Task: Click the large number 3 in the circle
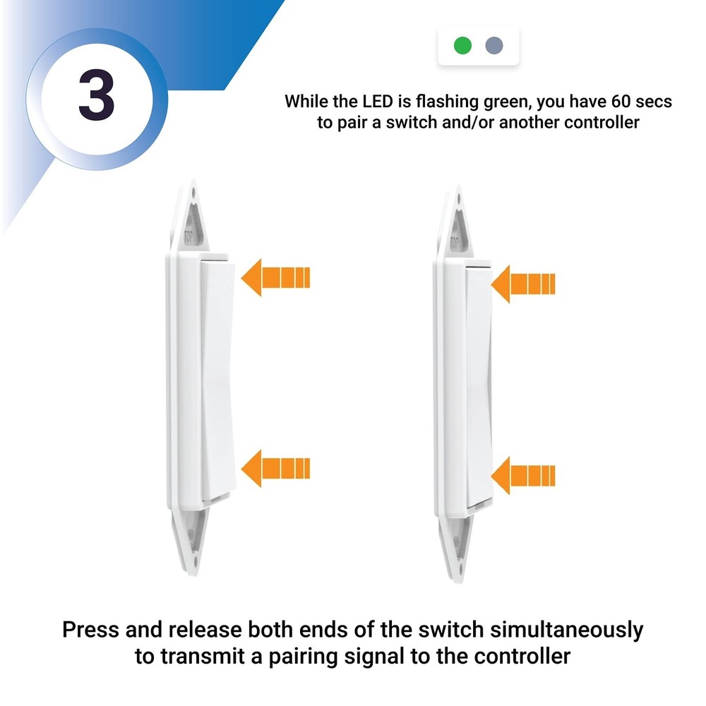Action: (97, 97)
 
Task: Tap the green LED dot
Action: (462, 47)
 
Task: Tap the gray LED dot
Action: (494, 47)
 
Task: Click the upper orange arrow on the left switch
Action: (275, 277)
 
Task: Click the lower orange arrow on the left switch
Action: (275, 468)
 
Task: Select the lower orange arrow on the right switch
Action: (523, 475)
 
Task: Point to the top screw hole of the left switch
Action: (194, 190)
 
